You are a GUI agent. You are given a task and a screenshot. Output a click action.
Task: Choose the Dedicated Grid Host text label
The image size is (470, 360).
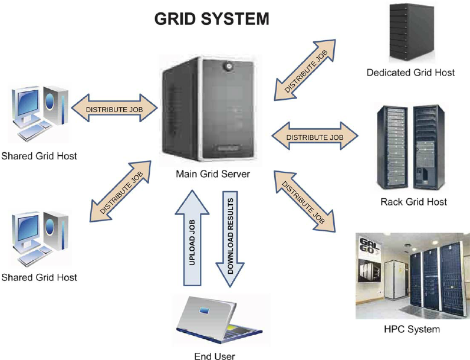pyautogui.click(x=410, y=73)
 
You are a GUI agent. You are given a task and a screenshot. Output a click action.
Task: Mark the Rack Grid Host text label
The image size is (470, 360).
pyautogui.click(x=413, y=202)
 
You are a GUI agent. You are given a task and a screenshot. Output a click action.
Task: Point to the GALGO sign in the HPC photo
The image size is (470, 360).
pyautogui.click(x=369, y=248)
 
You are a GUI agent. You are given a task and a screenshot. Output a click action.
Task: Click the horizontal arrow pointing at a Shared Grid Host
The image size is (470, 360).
pyautogui.click(x=115, y=109)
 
